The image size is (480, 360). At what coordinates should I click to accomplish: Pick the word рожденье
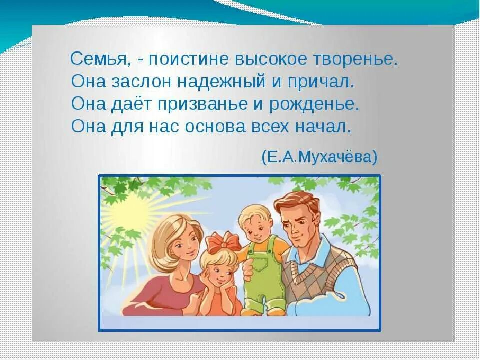[314, 104]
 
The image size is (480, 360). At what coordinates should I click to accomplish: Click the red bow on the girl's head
[221, 243]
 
